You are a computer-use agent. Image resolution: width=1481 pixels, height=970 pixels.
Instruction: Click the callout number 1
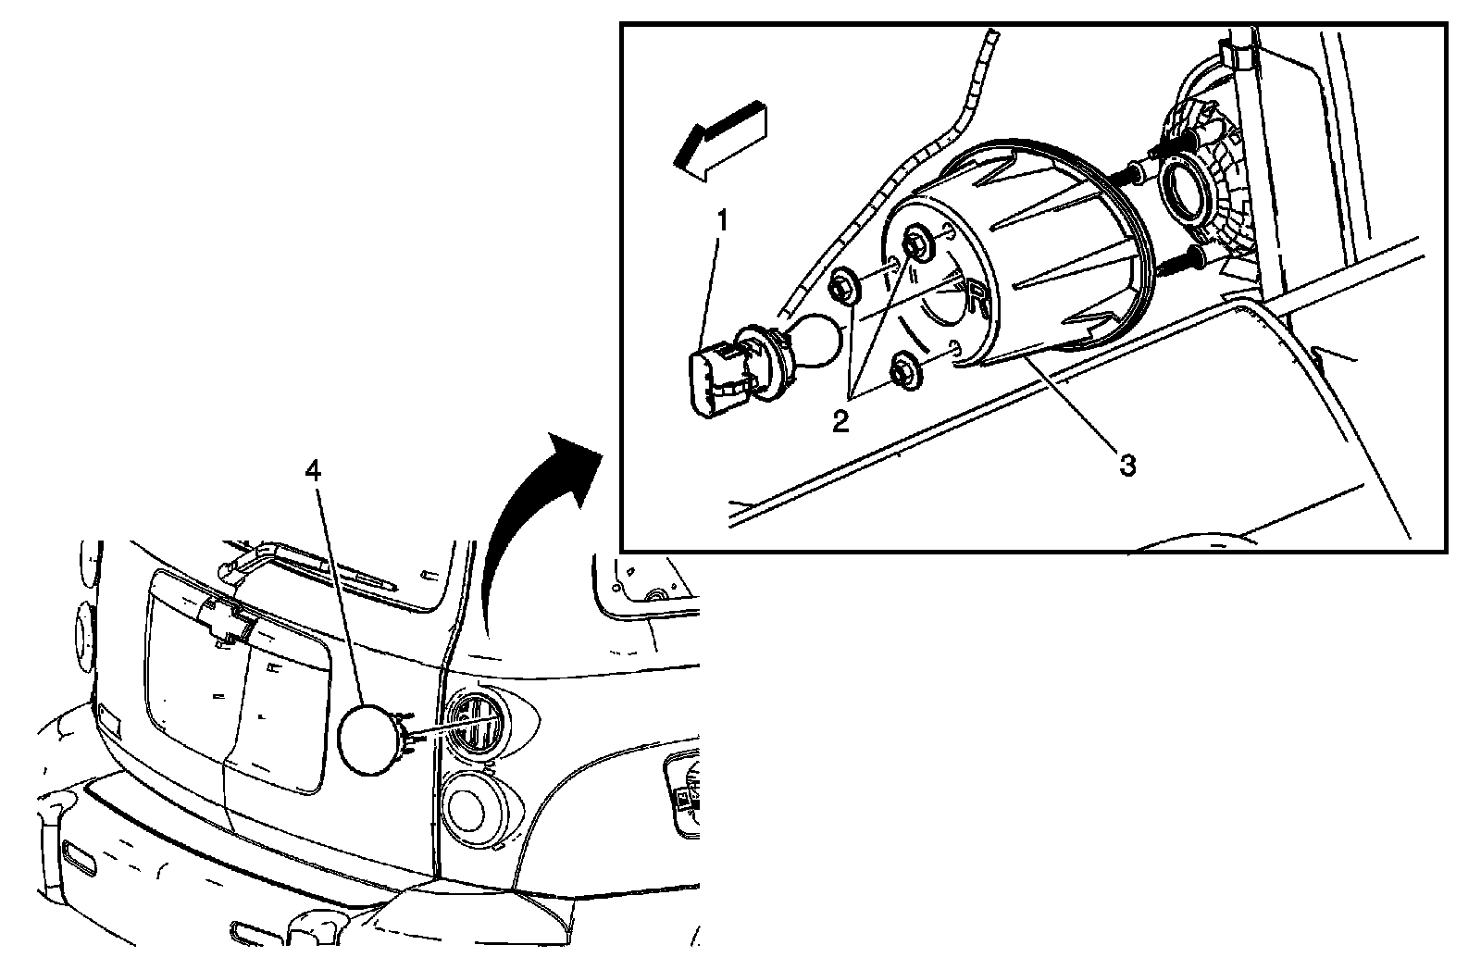click(722, 223)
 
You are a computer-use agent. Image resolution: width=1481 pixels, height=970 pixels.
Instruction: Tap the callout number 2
click(840, 422)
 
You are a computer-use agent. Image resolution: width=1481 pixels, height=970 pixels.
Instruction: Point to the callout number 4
click(314, 471)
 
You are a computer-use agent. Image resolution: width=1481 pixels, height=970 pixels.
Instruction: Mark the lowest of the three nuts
click(903, 371)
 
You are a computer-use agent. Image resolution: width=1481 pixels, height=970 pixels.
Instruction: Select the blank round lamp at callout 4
click(368, 738)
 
